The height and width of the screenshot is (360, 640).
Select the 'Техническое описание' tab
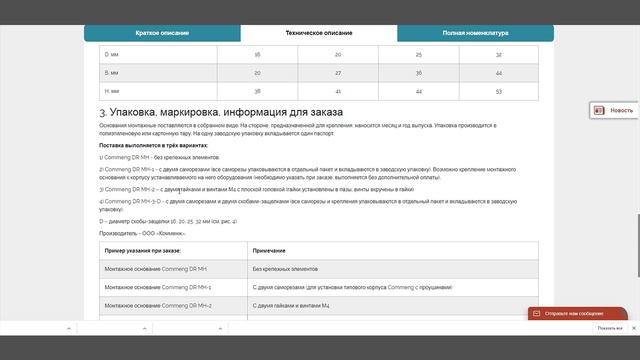pos(318,33)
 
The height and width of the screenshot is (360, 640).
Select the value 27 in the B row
pos(337,73)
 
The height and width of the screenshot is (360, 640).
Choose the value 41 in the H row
pos(337,91)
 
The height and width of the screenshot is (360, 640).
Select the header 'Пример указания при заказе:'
pos(143,249)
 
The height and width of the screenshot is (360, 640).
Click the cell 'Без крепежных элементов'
pos(286,269)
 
